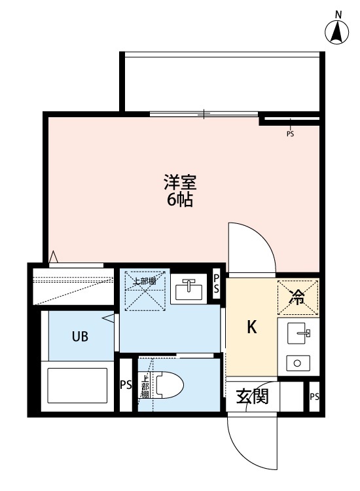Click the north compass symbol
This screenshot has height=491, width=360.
tap(337, 31)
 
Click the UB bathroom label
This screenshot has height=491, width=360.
tap(80, 337)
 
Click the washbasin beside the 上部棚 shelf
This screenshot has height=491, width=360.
tap(190, 288)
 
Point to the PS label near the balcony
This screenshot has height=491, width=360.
tap(290, 134)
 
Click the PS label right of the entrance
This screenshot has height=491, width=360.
tap(314, 397)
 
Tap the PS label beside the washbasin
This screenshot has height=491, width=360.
tap(217, 286)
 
